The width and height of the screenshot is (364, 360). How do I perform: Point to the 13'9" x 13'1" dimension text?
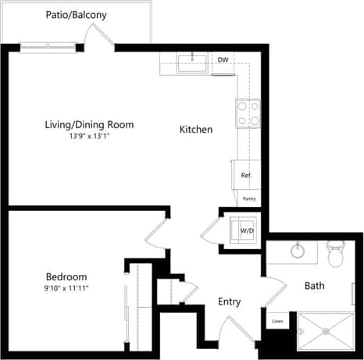(88, 136)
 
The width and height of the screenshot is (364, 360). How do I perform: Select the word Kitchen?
(195, 129)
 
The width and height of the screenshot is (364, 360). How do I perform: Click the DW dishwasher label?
(223, 60)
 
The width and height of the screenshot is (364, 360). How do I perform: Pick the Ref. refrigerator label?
(245, 175)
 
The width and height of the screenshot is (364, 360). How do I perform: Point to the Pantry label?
(249, 199)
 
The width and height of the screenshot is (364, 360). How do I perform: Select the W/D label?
(247, 231)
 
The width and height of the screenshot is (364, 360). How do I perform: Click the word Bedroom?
(66, 276)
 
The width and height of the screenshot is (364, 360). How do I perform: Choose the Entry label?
(229, 302)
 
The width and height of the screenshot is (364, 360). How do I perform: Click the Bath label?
(314, 286)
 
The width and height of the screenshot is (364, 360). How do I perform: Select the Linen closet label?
(277, 321)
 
